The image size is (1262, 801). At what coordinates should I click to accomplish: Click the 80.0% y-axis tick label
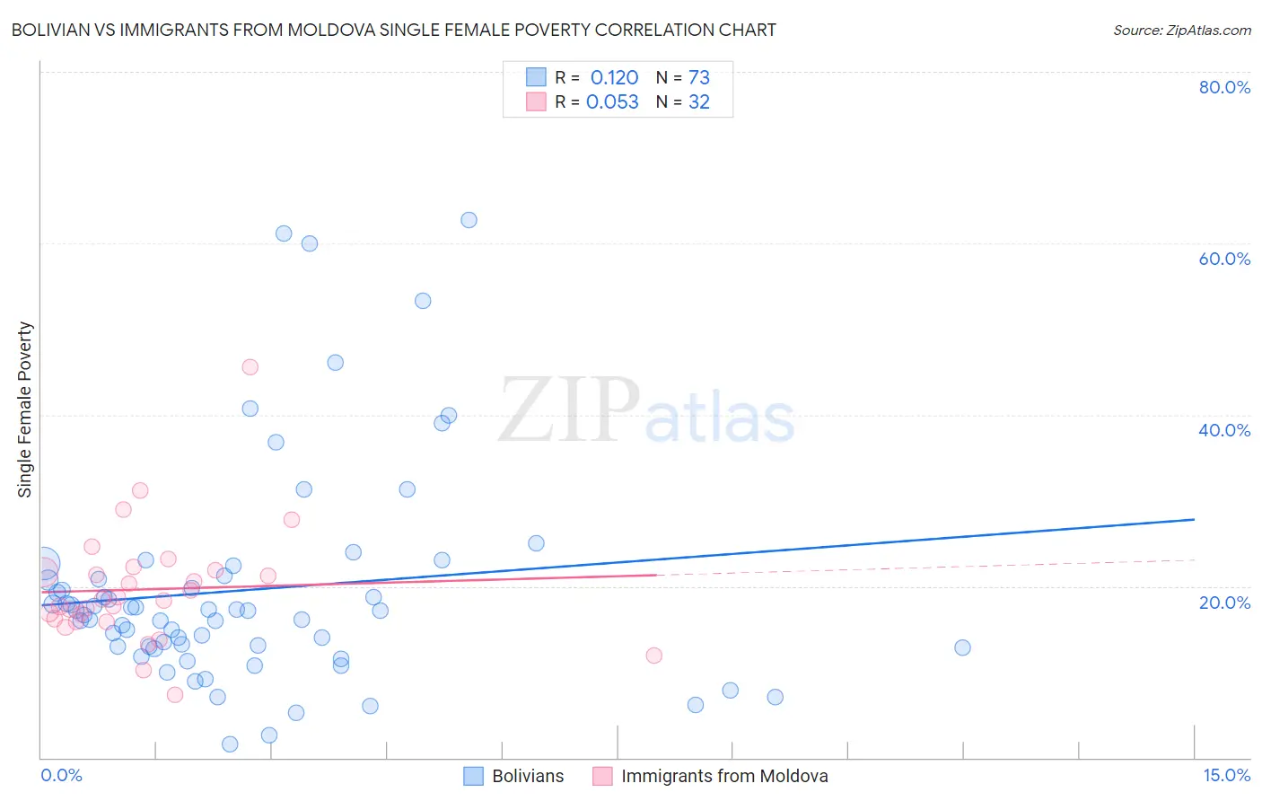pos(1224,87)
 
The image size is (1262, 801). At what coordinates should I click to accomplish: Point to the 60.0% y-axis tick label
pos(1224,259)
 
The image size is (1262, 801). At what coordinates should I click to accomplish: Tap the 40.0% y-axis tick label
pos(1224,430)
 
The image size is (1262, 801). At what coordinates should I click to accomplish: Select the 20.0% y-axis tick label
pos(1224,602)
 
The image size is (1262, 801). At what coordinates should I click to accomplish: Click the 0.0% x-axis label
pos(61,775)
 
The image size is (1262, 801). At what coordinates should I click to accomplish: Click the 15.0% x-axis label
pos(1226,775)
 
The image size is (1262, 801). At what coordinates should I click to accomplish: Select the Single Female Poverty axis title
pos(25,409)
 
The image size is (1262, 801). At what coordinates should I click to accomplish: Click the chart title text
pos(393,30)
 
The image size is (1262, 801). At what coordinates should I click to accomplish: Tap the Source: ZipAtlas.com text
pos(1181,30)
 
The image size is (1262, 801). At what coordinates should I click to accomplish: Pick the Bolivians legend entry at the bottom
pos(514,776)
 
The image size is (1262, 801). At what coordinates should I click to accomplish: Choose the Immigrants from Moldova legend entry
pos(711,776)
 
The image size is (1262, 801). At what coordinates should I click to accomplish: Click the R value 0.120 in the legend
pos(614,77)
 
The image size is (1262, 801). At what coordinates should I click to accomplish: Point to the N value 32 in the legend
pos(699,101)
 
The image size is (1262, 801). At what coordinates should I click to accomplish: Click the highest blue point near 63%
pos(469,220)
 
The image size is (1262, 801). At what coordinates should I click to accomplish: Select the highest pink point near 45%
pos(250,367)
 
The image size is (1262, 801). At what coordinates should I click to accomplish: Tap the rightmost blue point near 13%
pos(962,647)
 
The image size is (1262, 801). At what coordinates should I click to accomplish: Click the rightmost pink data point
pos(653,656)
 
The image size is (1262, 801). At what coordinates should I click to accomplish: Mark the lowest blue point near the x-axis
pos(230,744)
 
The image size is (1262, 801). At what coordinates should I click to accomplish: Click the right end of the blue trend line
pos(1194,519)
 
